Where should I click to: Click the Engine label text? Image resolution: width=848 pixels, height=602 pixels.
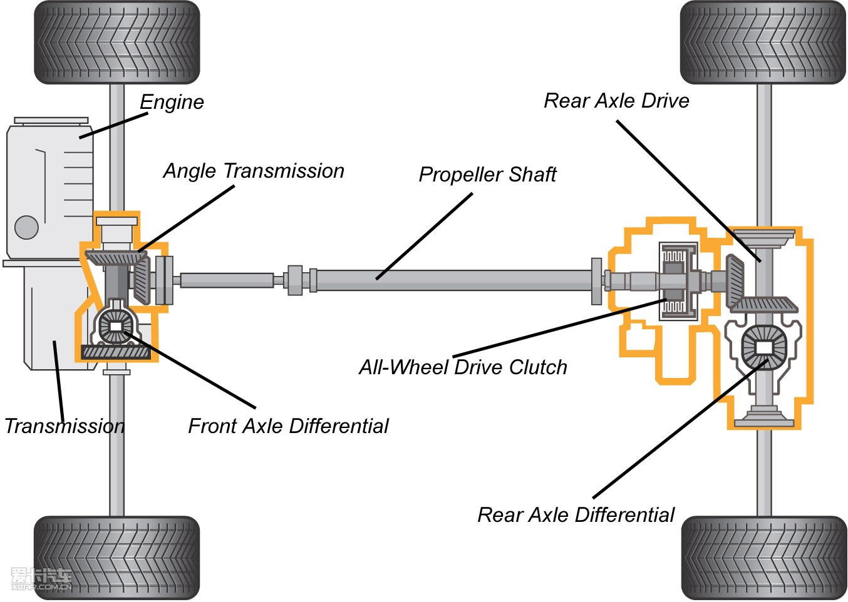coord(172,102)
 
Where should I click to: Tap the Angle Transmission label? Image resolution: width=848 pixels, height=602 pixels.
coord(254,171)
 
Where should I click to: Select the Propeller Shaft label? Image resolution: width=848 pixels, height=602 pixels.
coord(487,175)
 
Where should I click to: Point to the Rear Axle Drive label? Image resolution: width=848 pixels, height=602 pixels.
coord(616,101)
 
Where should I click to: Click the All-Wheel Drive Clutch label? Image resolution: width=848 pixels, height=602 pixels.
coord(463,367)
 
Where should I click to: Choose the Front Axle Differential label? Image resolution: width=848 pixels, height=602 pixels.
coord(288,426)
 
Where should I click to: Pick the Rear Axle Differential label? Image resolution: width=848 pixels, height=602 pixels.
coord(576,515)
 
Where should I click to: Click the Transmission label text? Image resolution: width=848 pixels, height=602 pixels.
coord(65,426)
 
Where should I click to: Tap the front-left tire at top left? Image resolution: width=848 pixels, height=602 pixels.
coord(117,42)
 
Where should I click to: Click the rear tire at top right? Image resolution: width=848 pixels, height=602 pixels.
coord(763,42)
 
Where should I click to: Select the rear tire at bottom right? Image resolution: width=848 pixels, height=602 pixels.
coord(764,558)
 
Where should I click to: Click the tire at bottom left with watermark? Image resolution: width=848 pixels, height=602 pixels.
coord(117,558)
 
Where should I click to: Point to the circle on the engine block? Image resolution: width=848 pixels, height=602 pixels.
coord(26,227)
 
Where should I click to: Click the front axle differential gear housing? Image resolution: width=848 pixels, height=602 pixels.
coord(116,327)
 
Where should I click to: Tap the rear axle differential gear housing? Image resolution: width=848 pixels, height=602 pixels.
coord(763,347)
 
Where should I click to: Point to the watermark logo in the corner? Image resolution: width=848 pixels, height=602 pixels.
coord(41,579)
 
